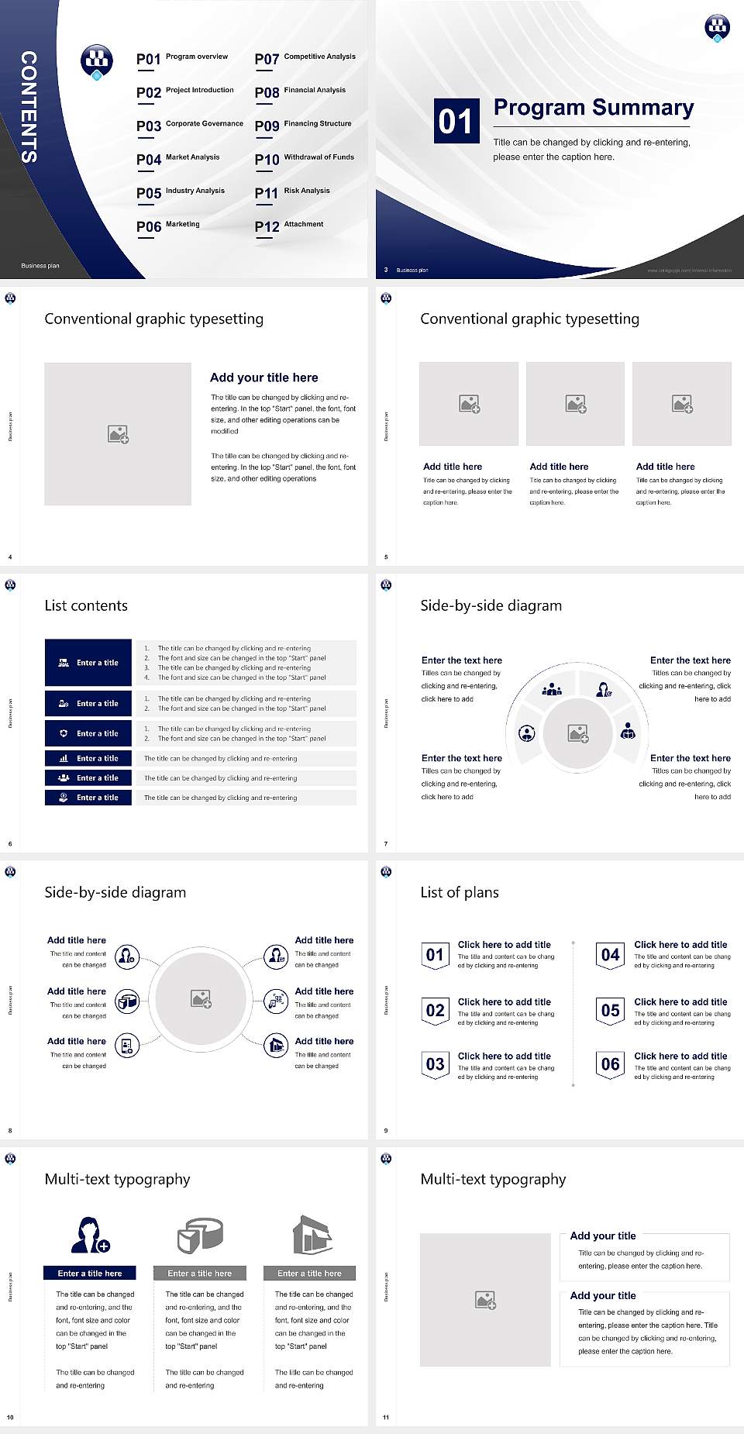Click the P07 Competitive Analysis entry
pos(305,58)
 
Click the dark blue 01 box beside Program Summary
pos(456,121)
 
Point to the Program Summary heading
pos(593,108)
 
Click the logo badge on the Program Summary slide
pos(717,28)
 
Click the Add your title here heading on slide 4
pos(263,377)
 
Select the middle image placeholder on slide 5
pos(575,404)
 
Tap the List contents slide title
pos(86,605)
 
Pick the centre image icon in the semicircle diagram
pos(578,733)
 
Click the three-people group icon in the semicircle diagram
pos(552,688)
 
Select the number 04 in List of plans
pos(611,955)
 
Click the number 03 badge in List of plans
pos(435,1064)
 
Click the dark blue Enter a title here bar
pos(89,1273)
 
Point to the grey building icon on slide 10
pos(312,1235)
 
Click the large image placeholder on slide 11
pos(485,1300)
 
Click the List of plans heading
pos(460,892)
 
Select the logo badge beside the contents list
pos(97,61)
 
